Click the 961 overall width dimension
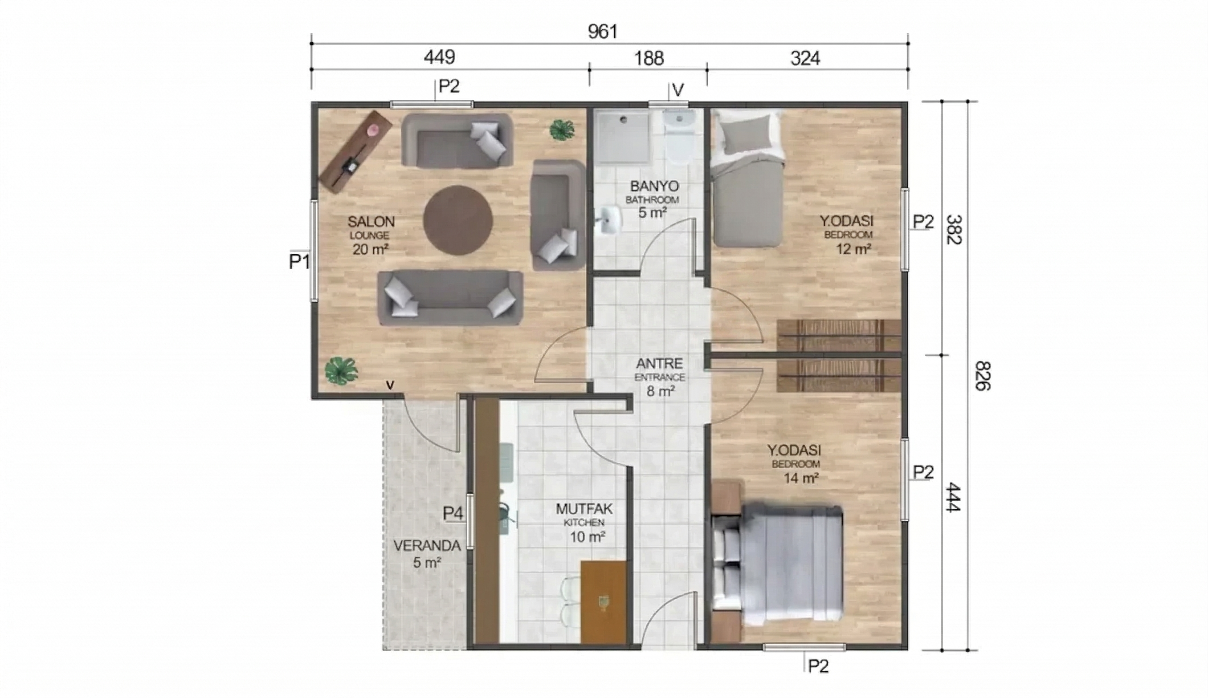603,32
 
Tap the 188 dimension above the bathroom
649,58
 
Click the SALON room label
371,222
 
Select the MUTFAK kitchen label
584,509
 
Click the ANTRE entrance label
659,363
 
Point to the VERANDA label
427,546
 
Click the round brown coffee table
457,220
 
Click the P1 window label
299,262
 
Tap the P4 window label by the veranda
453,514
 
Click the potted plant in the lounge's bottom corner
341,371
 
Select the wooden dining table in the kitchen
604,602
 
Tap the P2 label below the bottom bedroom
818,666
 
